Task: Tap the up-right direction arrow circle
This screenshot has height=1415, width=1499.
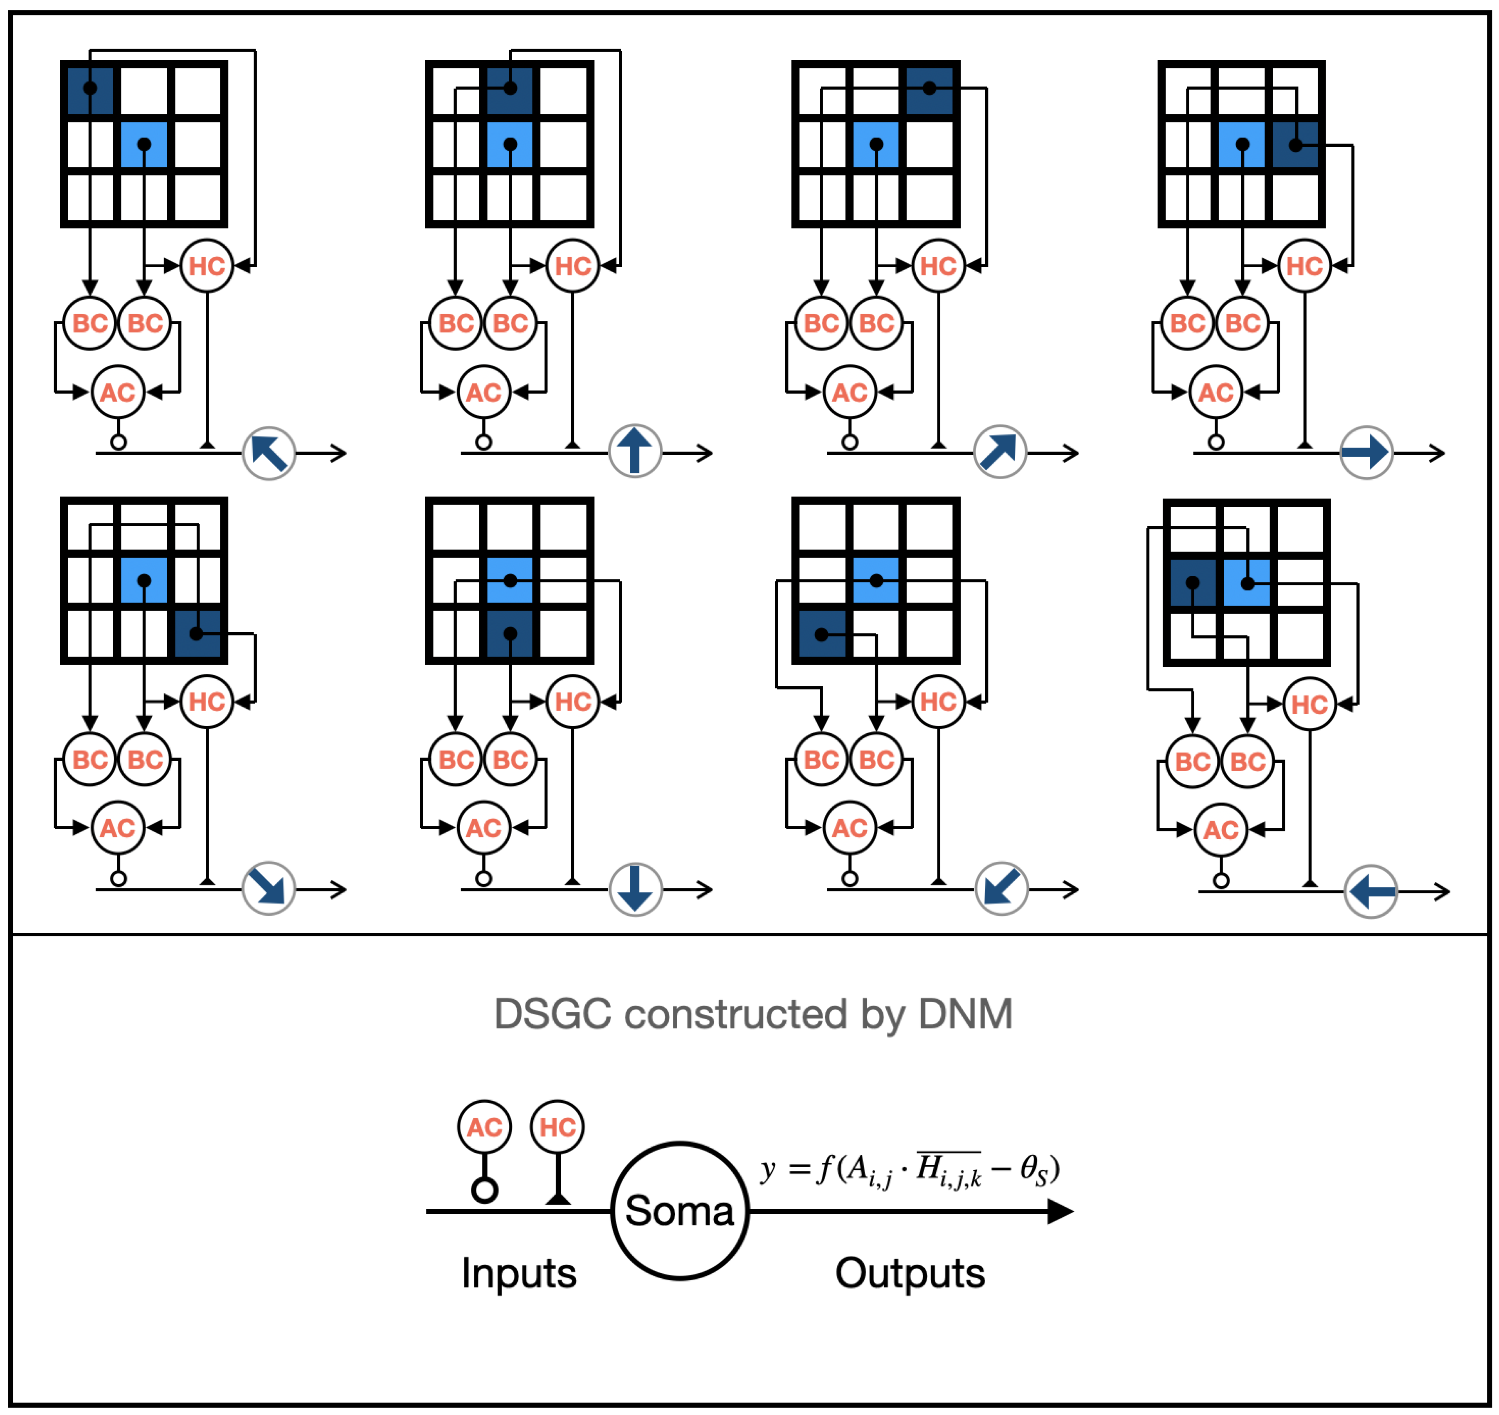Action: click(x=1000, y=452)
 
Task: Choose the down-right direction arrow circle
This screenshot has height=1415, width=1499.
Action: click(x=269, y=888)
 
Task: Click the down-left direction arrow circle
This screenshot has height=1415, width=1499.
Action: click(x=1001, y=888)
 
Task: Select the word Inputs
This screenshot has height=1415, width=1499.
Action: click(x=519, y=1273)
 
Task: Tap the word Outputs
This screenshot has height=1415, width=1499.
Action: click(x=910, y=1273)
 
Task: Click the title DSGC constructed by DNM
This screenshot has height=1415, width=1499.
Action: click(x=753, y=1014)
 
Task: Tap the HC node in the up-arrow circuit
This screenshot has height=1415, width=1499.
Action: click(x=572, y=266)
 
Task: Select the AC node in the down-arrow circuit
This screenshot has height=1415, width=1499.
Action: click(x=483, y=828)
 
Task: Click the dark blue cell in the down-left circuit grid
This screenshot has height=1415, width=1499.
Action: click(x=821, y=634)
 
